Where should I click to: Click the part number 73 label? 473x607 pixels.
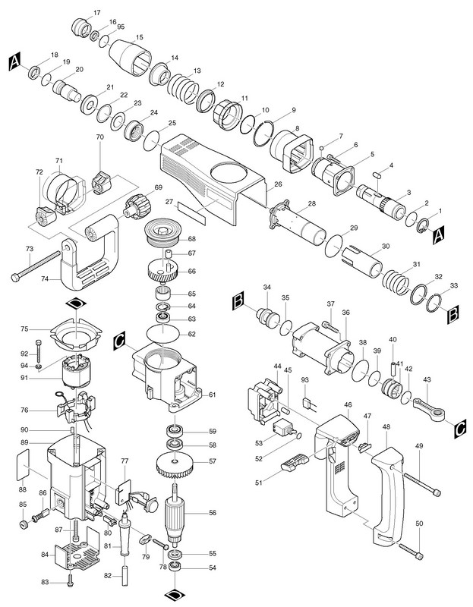coord(29,249)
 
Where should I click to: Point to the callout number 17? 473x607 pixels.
coord(96,14)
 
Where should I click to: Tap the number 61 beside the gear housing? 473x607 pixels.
coord(213,395)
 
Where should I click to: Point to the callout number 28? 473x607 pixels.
coord(311,203)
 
